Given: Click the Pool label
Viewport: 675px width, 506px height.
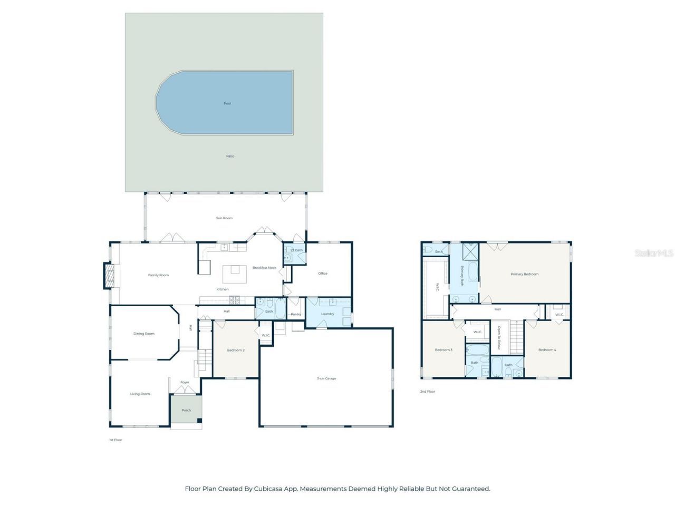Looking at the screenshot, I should click(x=227, y=103).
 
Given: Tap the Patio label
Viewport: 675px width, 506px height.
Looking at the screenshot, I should click(x=230, y=156).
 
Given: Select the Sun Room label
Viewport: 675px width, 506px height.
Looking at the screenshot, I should click(x=224, y=218).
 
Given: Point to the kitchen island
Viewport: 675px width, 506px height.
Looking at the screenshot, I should click(x=235, y=274).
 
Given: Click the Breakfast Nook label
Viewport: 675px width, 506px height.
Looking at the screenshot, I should click(x=264, y=268).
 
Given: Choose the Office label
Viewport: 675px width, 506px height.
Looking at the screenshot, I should click(x=323, y=273).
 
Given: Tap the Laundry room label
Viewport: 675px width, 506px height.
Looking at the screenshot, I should click(x=327, y=314).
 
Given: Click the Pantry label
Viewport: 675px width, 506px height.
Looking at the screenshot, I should click(x=296, y=315).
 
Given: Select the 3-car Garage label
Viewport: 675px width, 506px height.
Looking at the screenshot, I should click(x=326, y=378).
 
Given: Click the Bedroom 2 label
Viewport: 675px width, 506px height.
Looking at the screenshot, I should click(x=236, y=350).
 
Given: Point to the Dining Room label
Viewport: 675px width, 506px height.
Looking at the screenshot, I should click(x=144, y=333).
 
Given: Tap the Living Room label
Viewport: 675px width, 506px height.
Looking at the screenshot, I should click(x=140, y=394).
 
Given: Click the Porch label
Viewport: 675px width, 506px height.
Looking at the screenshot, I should click(x=186, y=410).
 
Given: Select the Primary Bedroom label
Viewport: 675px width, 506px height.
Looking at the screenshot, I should click(x=524, y=274).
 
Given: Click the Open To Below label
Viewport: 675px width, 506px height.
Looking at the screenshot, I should click(x=499, y=338).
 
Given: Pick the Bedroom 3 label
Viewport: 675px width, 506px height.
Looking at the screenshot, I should click(x=443, y=350).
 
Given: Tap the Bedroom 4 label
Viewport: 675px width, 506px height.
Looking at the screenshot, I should click(x=547, y=350).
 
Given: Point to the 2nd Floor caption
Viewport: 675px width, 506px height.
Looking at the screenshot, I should click(x=428, y=392).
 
